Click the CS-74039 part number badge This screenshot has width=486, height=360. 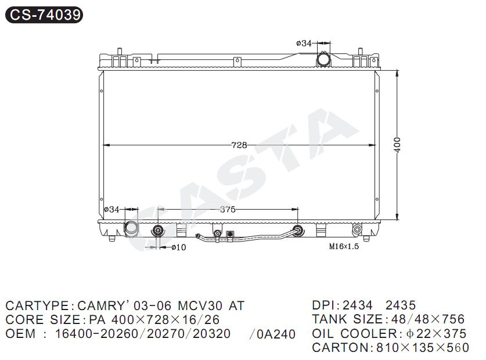point(44,15)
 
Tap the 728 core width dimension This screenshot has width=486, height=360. point(239,145)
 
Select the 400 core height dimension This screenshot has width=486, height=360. point(397,145)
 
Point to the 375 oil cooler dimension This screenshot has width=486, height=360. point(228,210)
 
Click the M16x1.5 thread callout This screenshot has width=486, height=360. point(344,247)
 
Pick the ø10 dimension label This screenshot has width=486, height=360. point(179,247)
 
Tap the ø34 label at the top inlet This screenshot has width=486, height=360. point(304,43)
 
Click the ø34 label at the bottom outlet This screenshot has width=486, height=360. point(111,210)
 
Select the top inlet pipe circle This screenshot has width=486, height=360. point(323,59)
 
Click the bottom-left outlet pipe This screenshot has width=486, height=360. point(131,229)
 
